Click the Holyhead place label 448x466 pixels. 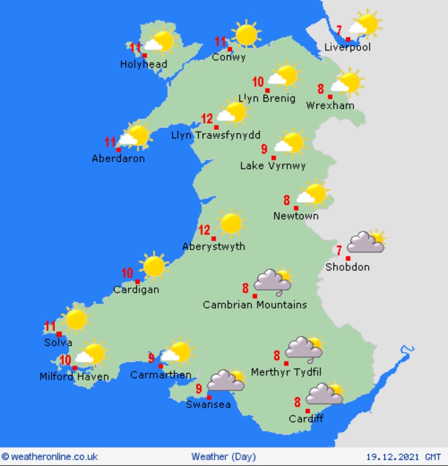click(x=144, y=64)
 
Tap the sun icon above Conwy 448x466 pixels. click(x=246, y=35)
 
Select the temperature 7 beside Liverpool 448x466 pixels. click(x=339, y=30)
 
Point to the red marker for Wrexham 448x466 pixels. click(x=330, y=97)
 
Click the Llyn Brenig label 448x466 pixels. click(x=267, y=99)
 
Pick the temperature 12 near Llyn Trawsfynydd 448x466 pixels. click(x=207, y=119)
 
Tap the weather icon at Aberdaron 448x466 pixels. click(x=134, y=136)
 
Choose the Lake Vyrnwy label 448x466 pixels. click(x=273, y=166)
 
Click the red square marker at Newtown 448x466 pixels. click(x=296, y=208)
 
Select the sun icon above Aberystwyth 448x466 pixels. click(x=231, y=224)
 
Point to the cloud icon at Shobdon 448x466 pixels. click(x=365, y=243)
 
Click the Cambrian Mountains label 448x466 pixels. click(x=255, y=305)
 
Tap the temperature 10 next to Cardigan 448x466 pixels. click(x=127, y=273)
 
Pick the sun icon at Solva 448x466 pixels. click(x=76, y=319)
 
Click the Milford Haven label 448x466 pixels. click(x=74, y=377)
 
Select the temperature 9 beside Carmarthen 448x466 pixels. click(x=151, y=358)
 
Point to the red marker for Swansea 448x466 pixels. click(x=209, y=398)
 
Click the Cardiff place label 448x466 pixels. click(x=306, y=419)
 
